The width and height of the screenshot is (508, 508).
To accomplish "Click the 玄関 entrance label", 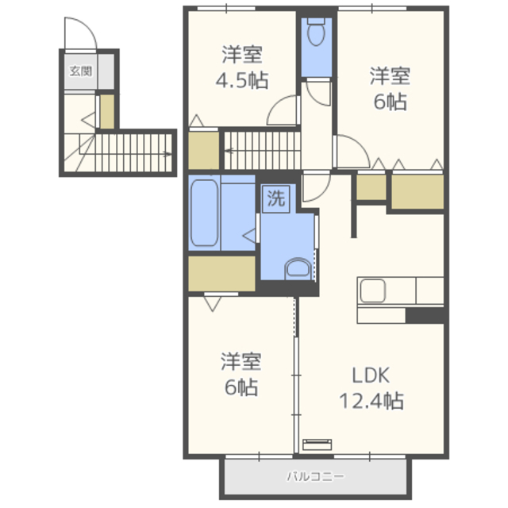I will [80, 71].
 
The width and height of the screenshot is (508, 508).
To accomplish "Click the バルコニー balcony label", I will [316, 478].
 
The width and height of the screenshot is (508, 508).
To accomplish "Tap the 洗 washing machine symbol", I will [275, 199].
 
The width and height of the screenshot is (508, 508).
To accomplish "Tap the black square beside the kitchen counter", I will [424, 315].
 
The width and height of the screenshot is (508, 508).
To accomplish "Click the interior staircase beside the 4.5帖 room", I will [262, 149].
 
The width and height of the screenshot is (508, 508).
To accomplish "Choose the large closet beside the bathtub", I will [221, 273].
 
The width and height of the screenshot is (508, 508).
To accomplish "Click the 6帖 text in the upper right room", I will [389, 102].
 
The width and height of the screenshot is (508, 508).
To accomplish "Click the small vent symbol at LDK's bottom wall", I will [315, 444].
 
